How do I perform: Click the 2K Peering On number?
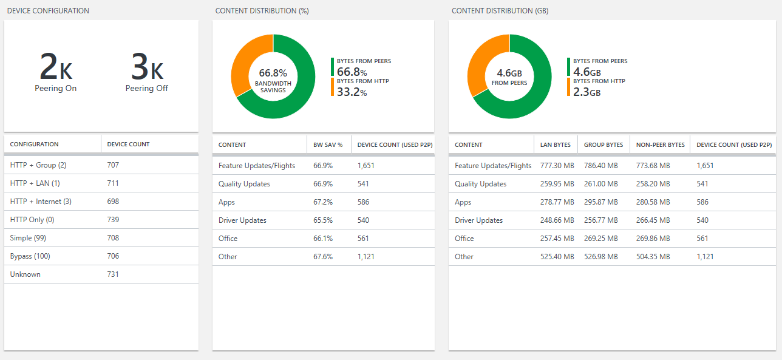pos(55,67)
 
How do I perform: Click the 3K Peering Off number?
pos(147,67)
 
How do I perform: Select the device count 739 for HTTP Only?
pos(113,220)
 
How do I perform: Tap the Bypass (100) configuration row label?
pos(30,256)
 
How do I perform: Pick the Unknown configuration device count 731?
pos(113,274)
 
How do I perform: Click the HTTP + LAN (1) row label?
pos(35,183)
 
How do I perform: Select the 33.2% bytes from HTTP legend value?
pos(352,92)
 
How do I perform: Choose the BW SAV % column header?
pos(328,144)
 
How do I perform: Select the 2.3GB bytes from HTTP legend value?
pos(586,92)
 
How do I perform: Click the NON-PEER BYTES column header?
pos(660,144)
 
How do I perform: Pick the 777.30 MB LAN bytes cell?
pos(557,166)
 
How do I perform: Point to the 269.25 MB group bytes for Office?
pos(600,239)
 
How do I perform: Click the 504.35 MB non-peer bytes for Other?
pos(653,257)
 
